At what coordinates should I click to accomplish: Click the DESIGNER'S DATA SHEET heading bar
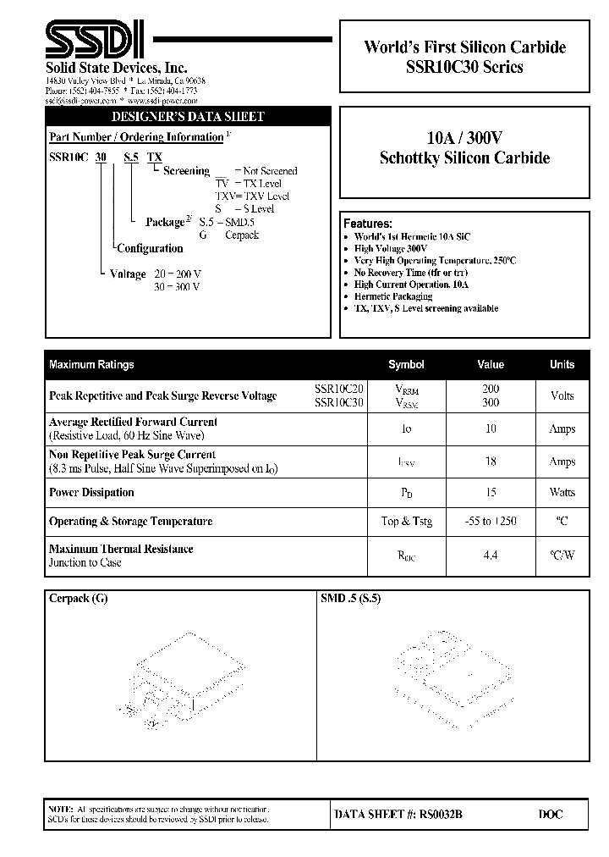click(188, 116)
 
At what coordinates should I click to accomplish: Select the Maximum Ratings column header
click(91, 365)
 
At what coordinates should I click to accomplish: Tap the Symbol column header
click(406, 365)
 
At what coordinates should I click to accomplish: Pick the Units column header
click(562, 365)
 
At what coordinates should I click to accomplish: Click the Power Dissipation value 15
click(491, 492)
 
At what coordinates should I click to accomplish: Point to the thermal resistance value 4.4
click(491, 556)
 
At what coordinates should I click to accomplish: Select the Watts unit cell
click(562, 492)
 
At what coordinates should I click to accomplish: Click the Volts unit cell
click(562, 395)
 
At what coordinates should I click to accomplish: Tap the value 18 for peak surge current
click(491, 462)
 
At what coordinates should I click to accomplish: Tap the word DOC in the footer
click(550, 815)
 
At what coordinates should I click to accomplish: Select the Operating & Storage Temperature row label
click(130, 522)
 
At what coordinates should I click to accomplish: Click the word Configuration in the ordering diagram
click(150, 248)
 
